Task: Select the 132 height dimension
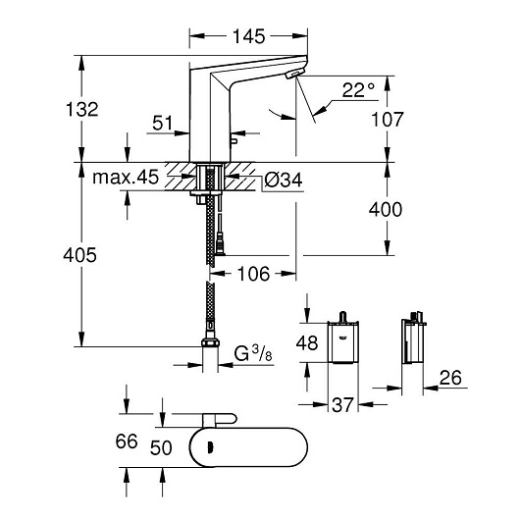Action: [84, 109]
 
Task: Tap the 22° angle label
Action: [358, 91]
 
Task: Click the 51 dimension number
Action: [164, 123]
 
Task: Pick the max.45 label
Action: [127, 179]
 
